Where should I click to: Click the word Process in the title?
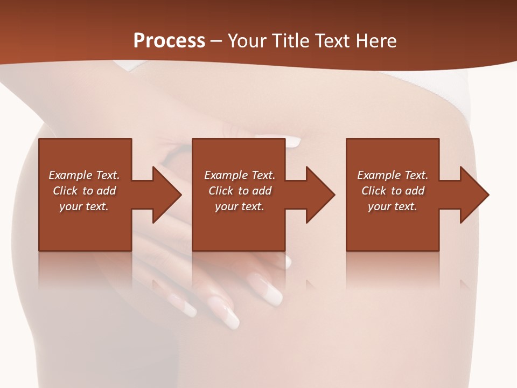click(169, 41)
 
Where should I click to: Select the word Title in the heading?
click(289, 41)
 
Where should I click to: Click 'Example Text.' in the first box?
click(84, 175)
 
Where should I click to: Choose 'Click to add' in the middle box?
click(240, 191)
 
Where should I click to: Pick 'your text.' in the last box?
click(392, 206)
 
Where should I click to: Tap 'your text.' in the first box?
click(84, 206)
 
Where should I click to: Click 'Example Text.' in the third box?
click(393, 175)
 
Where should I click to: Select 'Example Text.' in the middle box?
click(240, 175)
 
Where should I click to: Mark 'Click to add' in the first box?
click(84, 191)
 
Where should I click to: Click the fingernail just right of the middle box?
click(292, 142)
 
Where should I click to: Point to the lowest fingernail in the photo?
click(231, 320)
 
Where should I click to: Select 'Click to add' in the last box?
click(393, 191)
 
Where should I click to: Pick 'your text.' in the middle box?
click(240, 206)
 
